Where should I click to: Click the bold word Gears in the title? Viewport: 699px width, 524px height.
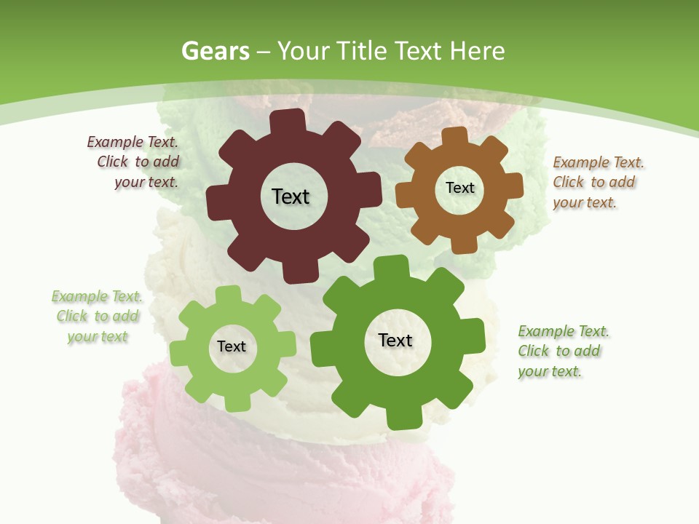coord(215,51)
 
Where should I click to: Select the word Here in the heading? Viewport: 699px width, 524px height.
coord(477,51)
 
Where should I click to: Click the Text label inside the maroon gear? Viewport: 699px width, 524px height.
coord(291,196)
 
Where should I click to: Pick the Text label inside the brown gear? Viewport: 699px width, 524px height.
coord(459,188)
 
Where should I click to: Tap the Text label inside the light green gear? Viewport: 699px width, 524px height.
coord(232,346)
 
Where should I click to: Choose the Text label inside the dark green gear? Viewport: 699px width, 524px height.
coord(395,340)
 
